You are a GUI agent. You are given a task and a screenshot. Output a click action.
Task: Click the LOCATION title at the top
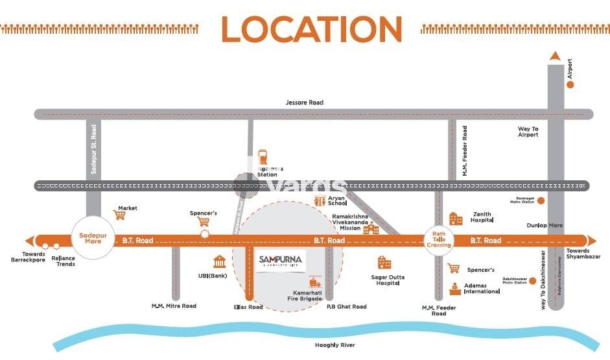[311, 29]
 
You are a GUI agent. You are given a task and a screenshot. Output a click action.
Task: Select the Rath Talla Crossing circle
[438, 240]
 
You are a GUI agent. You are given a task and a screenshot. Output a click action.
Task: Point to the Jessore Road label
[304, 102]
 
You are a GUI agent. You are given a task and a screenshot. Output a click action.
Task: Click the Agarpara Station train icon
[263, 157]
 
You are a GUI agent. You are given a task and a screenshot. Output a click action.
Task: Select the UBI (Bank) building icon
[218, 262]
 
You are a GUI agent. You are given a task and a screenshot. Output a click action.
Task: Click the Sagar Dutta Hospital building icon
[385, 263]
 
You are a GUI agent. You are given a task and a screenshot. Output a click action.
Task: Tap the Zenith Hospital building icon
[456, 219]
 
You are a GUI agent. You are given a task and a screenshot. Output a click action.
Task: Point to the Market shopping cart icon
[119, 215]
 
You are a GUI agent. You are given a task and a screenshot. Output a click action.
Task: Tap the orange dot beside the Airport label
[570, 84]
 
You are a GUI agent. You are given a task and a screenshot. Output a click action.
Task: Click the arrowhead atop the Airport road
[554, 57]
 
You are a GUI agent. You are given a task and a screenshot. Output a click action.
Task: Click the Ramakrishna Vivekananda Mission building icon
[370, 228]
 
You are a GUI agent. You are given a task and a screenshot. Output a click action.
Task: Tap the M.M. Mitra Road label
[174, 306]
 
